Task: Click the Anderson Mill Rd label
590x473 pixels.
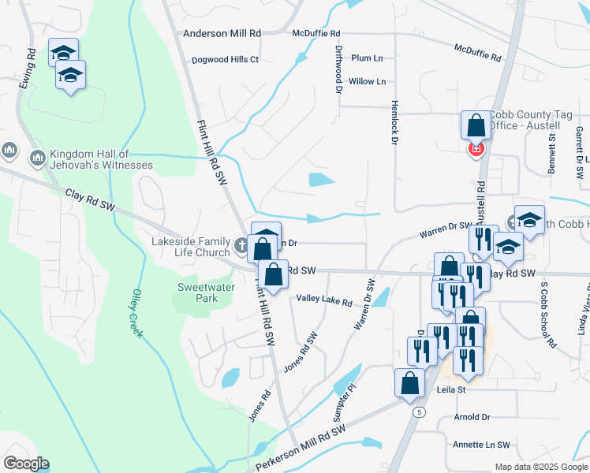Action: (x=222, y=34)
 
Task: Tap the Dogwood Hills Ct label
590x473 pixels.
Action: (x=226, y=60)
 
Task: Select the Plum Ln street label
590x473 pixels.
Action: (x=367, y=58)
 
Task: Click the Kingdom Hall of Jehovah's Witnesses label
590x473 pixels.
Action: (x=101, y=159)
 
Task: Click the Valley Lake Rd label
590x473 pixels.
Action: (x=324, y=300)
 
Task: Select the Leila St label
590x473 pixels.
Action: (x=451, y=390)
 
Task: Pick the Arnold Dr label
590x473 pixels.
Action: (x=472, y=416)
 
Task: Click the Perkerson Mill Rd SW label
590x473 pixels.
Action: (x=301, y=441)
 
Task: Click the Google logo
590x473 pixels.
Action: (x=26, y=463)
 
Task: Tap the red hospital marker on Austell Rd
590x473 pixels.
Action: (x=476, y=148)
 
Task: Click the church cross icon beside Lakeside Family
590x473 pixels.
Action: (x=244, y=247)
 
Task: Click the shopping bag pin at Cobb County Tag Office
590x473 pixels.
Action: (x=476, y=125)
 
